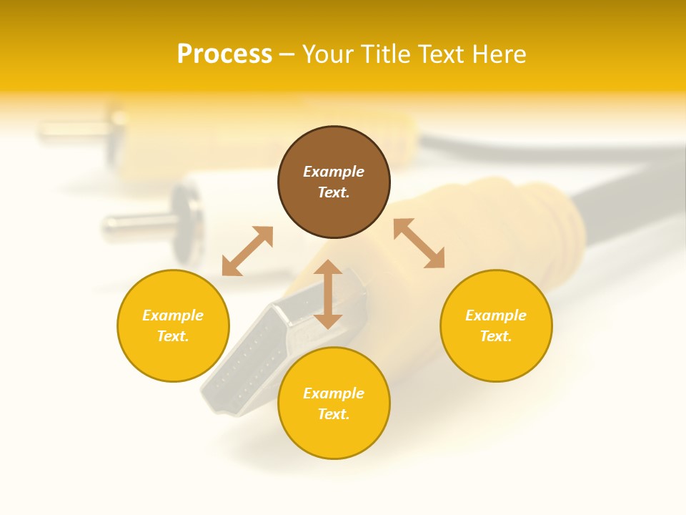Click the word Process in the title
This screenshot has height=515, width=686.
(x=224, y=54)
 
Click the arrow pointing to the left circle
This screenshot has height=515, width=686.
(x=247, y=251)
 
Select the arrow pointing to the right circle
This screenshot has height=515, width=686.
(x=419, y=243)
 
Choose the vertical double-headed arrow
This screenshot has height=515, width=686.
(x=328, y=294)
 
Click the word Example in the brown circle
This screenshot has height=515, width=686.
(x=334, y=172)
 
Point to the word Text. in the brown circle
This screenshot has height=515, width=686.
(x=334, y=192)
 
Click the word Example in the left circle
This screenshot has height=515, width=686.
(x=173, y=315)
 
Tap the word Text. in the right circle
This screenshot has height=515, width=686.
(x=496, y=336)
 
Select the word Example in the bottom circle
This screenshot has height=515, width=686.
(x=334, y=393)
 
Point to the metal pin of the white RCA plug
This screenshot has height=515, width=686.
(x=132, y=225)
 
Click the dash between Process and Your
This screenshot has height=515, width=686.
(x=287, y=55)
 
